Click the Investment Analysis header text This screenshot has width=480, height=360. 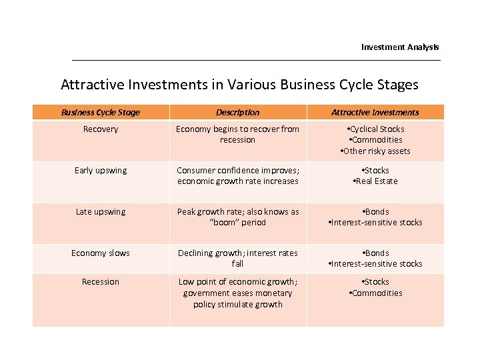click(x=400, y=47)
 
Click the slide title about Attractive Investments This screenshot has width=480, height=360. click(x=239, y=85)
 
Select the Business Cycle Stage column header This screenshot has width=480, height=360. click(x=101, y=113)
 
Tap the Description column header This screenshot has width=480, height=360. click(x=238, y=113)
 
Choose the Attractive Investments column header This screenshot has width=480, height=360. click(x=375, y=113)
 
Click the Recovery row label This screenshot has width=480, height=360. click(x=101, y=129)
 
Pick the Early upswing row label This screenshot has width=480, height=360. click(x=101, y=171)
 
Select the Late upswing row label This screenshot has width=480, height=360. click(x=101, y=212)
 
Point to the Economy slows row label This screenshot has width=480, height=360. click(x=101, y=253)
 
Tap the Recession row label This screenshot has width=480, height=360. click(x=101, y=282)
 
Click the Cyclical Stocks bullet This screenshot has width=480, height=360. click(x=376, y=129)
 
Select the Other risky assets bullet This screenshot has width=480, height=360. click(x=376, y=151)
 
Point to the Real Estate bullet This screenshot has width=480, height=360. click(x=376, y=181)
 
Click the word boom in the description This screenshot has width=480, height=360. click(x=223, y=223)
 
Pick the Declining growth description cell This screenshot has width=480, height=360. click(x=238, y=259)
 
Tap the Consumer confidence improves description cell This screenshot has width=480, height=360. click(x=238, y=176)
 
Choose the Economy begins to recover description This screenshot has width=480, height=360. click(x=238, y=135)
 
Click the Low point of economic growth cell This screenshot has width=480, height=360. click(x=238, y=293)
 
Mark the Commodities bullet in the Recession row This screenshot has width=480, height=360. click(x=376, y=293)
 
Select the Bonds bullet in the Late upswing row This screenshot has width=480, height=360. click(x=376, y=212)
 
